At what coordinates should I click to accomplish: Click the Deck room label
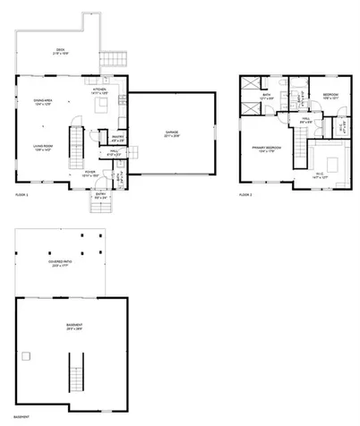[60, 51]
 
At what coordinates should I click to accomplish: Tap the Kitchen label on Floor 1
[99, 90]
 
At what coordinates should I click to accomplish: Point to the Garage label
[171, 134]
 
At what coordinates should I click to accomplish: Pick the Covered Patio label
[60, 263]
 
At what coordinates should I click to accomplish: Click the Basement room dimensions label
[74, 328]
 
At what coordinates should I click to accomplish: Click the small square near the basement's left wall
[26, 356]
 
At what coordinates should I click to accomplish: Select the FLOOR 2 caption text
[245, 193]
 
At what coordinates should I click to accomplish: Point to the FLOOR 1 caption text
[21, 193]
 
